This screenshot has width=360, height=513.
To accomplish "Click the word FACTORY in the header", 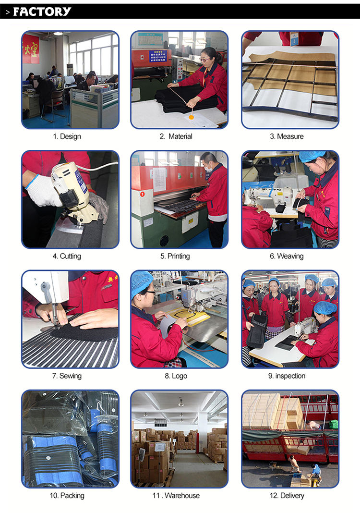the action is [x=42, y=12].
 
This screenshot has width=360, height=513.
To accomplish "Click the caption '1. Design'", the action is [x=67, y=136].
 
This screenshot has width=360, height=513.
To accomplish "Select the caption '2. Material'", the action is [x=176, y=136].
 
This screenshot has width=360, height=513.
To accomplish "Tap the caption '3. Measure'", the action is [x=287, y=136].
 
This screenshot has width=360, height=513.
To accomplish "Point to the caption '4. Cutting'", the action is [x=67, y=256].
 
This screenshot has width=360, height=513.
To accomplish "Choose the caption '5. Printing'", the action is [x=175, y=256].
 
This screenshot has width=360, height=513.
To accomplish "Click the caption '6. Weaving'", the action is [x=287, y=256].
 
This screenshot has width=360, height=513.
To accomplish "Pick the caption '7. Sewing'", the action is [x=67, y=376].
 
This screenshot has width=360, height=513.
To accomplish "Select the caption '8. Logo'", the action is [x=176, y=376].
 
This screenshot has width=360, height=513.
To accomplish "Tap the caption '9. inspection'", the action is [x=287, y=376].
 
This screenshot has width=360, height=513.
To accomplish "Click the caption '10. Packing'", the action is [x=67, y=496].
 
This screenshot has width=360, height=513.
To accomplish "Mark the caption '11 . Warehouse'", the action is [x=176, y=496].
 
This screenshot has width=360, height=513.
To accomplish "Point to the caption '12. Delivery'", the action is [x=287, y=496].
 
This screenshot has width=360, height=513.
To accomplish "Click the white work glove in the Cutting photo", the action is [x=43, y=191].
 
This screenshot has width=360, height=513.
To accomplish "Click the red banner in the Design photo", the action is [x=31, y=49].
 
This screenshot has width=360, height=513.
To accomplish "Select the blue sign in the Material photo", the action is [x=158, y=56].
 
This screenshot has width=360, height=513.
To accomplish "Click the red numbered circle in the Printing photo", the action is [x=142, y=195].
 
